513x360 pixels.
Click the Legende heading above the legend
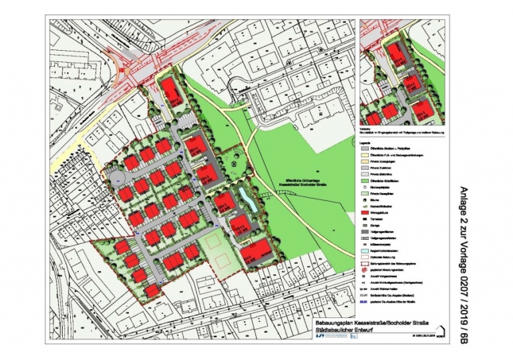(x=366, y=143)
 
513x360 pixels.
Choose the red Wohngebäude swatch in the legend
(x=365, y=212)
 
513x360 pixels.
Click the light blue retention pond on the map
(x=244, y=199)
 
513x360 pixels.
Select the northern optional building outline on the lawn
(x=214, y=241)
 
